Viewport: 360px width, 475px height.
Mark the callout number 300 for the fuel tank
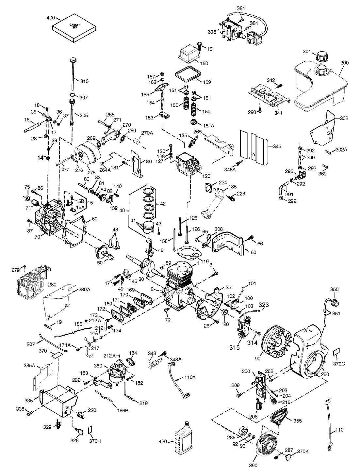[x=344, y=62]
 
